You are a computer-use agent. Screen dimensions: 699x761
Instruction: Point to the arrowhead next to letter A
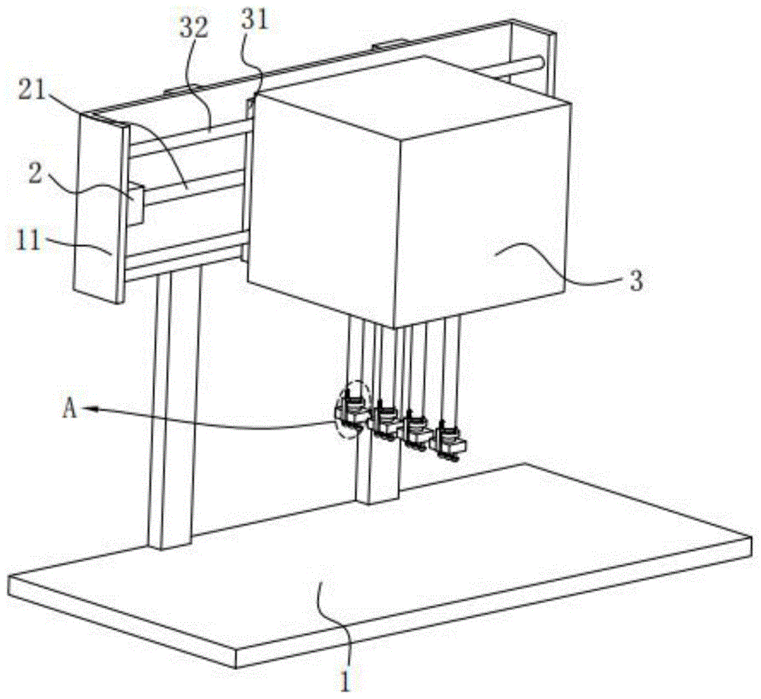click(90, 408)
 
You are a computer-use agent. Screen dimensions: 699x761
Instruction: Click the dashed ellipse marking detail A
click(351, 409)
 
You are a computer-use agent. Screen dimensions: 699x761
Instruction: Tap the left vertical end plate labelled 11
click(99, 213)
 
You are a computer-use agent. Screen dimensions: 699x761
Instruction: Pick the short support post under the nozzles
click(377, 472)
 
